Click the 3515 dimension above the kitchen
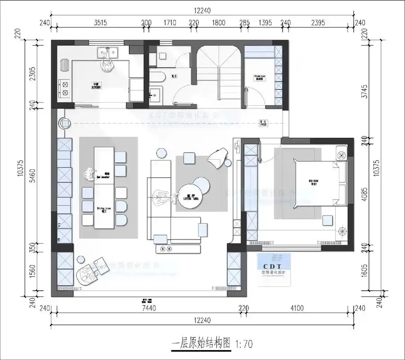click(x=99, y=22)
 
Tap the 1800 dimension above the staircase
click(x=219, y=22)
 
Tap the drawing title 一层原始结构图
click(x=202, y=344)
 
